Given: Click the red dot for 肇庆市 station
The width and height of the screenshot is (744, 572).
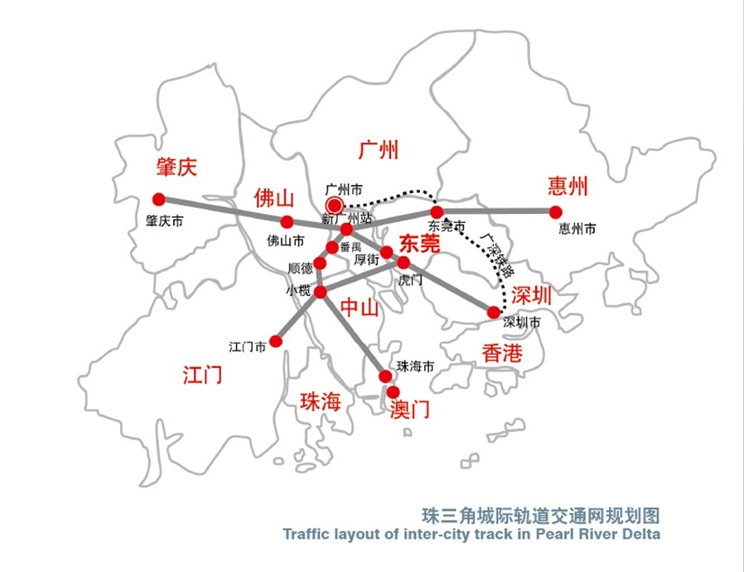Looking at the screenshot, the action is click(159, 199).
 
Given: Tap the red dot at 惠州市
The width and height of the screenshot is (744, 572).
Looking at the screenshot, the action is click(555, 211).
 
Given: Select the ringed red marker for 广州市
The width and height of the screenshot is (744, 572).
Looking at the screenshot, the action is click(335, 205).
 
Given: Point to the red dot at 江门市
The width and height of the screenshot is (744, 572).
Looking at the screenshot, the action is click(277, 340).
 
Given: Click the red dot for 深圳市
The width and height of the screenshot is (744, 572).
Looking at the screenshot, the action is click(494, 313).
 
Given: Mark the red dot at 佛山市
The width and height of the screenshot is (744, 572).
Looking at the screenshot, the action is click(287, 222).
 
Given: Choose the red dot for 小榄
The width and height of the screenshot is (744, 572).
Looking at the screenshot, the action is click(321, 291).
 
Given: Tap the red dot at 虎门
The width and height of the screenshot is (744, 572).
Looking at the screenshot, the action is click(404, 262).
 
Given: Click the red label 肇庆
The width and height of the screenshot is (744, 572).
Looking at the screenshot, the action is click(177, 167).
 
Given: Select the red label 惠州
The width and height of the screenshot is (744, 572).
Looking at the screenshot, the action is click(568, 186).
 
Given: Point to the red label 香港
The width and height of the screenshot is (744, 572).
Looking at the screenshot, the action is click(502, 353).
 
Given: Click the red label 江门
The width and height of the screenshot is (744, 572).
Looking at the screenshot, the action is click(202, 374).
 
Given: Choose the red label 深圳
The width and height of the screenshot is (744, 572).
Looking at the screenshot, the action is click(531, 295).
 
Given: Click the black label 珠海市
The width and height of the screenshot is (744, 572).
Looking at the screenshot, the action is click(415, 366).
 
